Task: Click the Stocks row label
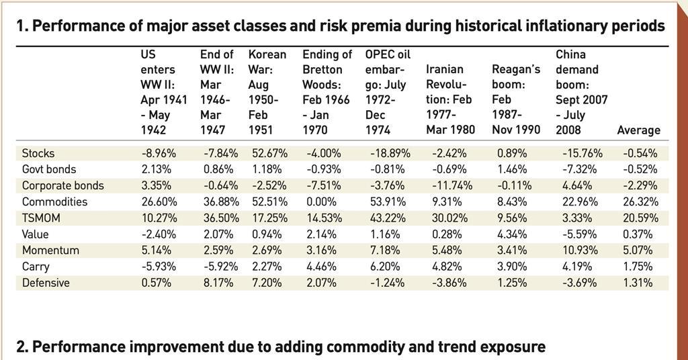pos(38,153)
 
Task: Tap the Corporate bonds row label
pos(63,185)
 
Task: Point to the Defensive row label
pos(46,283)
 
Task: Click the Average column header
pos(638,130)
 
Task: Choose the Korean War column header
pos(267,92)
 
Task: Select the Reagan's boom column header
pos(516,99)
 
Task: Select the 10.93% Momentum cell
pos(578,251)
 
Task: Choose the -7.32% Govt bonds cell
pos(578,169)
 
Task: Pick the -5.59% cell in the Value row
pos(578,234)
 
